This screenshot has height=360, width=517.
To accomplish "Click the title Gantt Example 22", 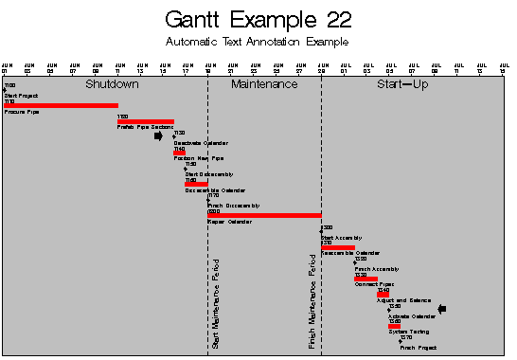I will click(257, 20).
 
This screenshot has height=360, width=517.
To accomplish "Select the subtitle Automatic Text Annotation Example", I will click(257, 43).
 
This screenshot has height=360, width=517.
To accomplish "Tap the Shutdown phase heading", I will click(112, 84).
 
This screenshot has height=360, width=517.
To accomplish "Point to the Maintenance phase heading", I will click(264, 84).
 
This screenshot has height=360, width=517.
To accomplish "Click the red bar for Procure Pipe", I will click(61, 105).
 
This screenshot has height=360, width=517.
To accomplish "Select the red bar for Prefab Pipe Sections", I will click(145, 121).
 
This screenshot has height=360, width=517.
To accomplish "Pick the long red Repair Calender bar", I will click(264, 215).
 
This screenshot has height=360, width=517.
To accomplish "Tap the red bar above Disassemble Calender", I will click(196, 184).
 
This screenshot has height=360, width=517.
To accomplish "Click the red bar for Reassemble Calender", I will click(338, 247).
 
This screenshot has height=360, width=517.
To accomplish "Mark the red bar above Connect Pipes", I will click(365, 279).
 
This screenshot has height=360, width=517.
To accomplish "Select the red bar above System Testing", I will click(394, 326).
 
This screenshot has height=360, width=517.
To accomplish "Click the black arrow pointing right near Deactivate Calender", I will click(158, 136).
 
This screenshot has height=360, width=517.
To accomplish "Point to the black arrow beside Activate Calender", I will click(441, 309).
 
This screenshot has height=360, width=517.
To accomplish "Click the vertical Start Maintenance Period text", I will click(216, 303).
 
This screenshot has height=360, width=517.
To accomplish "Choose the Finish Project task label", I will click(418, 348).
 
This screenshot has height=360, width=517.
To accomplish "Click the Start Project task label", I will click(20, 96).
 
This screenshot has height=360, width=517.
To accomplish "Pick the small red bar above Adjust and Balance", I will click(382, 295).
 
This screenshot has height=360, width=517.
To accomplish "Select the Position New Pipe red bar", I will click(179, 153).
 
